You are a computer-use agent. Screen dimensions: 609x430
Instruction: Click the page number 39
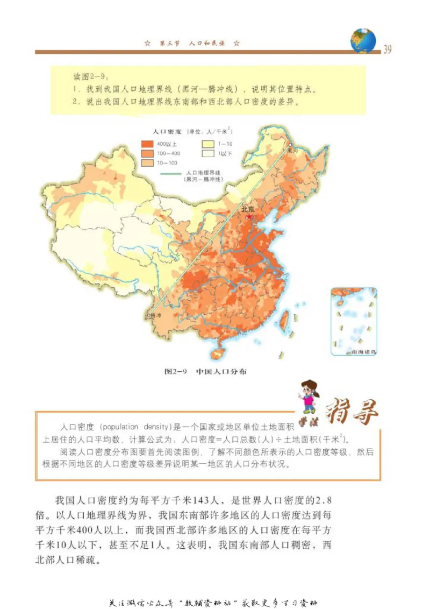point(386,50)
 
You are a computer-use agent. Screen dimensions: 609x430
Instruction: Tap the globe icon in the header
point(363,40)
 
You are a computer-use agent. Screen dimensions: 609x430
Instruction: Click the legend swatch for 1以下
point(207,153)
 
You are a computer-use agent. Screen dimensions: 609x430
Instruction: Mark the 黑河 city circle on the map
point(289,145)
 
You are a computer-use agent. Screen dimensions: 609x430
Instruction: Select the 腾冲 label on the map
point(155,316)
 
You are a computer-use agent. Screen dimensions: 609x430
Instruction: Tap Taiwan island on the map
point(285,318)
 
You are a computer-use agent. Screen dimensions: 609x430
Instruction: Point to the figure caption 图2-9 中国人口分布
point(206,371)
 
